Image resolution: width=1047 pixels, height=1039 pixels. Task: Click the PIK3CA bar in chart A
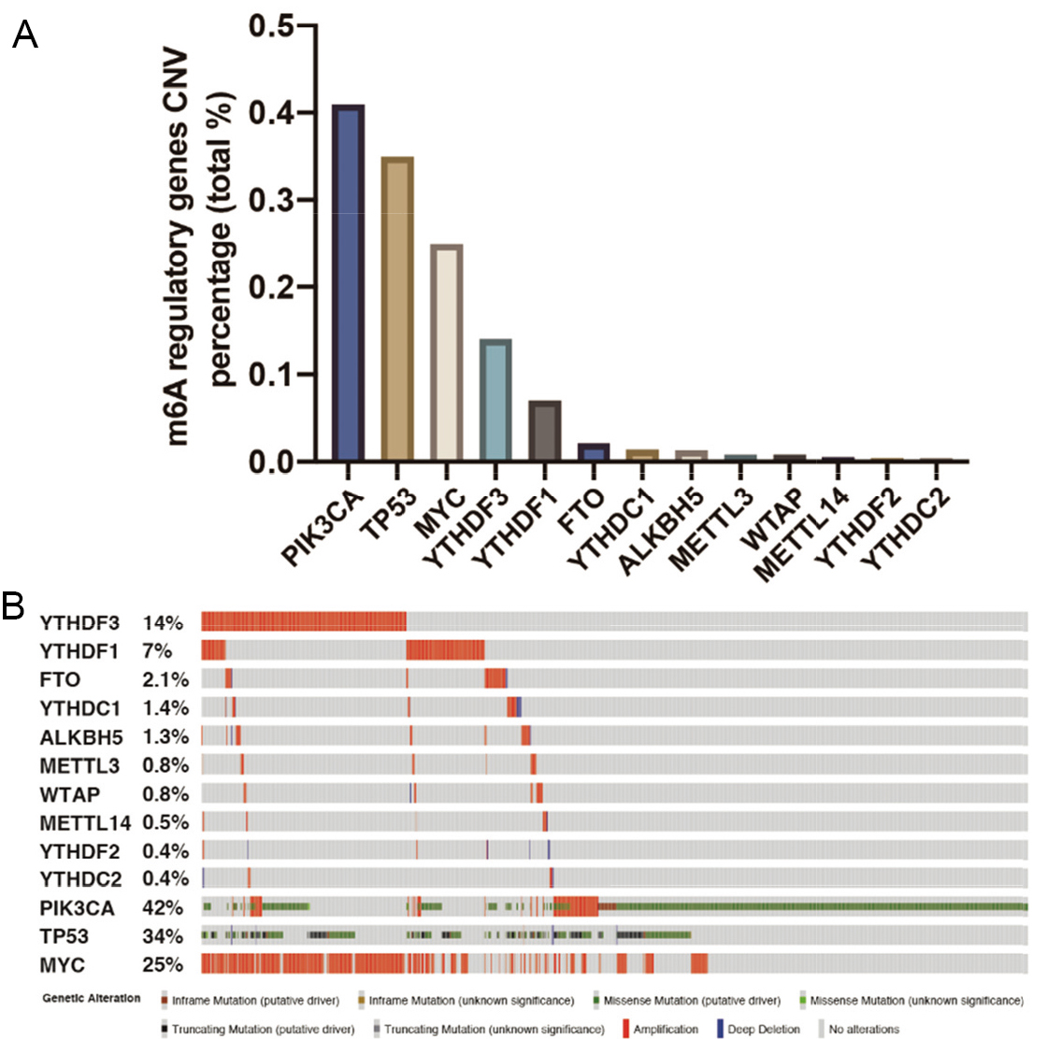348,282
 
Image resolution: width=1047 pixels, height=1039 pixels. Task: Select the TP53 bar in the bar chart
397,308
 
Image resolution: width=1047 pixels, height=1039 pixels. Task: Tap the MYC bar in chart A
446,352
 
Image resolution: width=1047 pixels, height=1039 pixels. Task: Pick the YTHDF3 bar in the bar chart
495,400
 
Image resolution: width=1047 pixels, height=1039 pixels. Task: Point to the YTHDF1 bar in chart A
545,431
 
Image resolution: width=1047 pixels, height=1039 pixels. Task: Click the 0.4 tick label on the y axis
271,113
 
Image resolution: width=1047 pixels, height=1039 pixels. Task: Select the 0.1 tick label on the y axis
271,375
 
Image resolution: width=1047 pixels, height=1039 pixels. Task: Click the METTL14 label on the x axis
801,534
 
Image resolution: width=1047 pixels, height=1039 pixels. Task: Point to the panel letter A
24,34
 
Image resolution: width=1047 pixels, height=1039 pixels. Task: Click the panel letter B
13,605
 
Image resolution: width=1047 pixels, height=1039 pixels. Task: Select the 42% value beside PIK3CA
163,907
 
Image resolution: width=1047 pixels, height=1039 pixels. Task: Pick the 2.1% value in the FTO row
165,679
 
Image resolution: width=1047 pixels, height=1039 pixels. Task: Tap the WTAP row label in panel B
69,794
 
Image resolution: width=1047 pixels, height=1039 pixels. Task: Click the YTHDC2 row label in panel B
80,879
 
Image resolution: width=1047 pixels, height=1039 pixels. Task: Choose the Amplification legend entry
660,1029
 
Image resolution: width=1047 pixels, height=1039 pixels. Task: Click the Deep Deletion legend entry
758,1029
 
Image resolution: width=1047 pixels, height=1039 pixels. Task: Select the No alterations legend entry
858,1029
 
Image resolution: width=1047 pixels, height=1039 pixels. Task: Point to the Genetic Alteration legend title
92,998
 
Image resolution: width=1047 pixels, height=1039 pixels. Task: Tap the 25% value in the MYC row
163,964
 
